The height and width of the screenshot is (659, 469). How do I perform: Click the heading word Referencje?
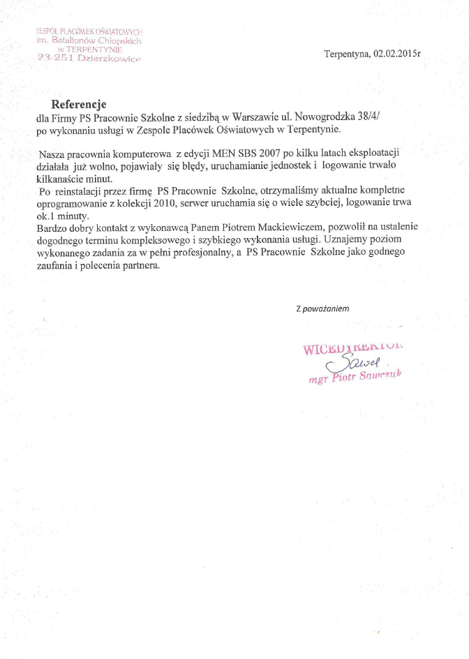tap(78, 104)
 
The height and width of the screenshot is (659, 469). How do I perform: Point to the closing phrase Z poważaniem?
tap(322, 308)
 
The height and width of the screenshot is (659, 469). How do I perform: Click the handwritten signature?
tap(361, 362)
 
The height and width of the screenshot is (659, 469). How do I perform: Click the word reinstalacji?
tap(88, 190)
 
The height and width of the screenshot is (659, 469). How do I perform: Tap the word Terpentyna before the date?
tap(347, 54)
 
